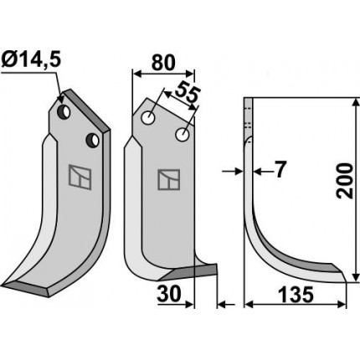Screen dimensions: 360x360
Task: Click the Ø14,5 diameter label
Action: coord(31,60)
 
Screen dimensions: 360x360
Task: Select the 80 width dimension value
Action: coord(163,63)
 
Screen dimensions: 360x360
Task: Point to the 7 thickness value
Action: coord(280,170)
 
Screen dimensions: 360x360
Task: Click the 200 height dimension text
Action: coord(345,182)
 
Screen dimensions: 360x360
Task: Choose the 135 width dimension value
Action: coord(296,295)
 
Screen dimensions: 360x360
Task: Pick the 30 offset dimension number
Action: coord(169,294)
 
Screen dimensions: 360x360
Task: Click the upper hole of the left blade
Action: coord(64,112)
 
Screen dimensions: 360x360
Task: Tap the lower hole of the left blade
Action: coord(93,141)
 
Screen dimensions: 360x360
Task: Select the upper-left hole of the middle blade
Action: coord(148,118)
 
